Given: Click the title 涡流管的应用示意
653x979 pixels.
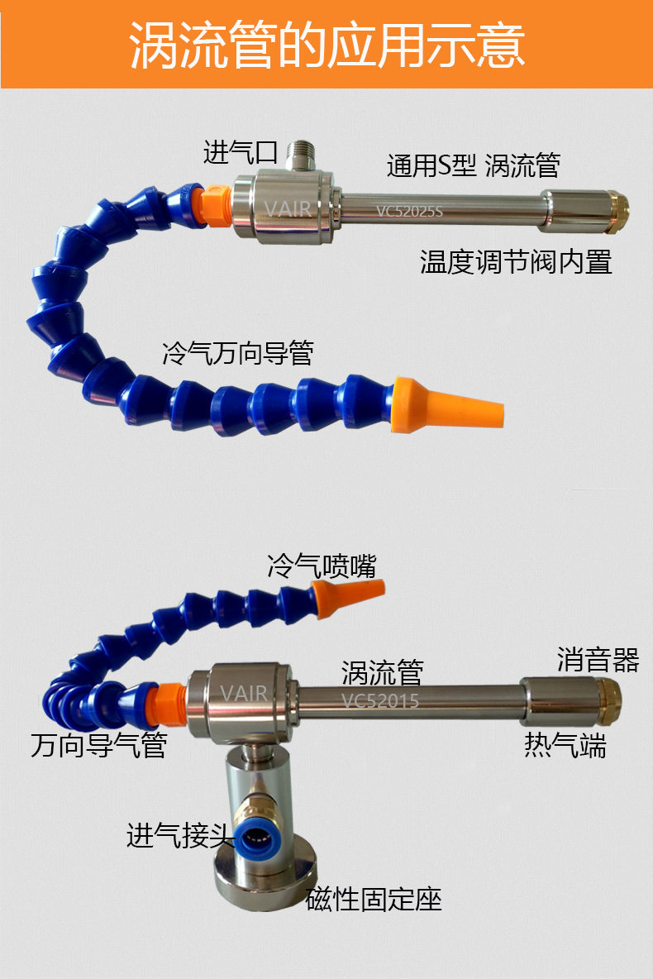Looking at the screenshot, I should pyautogui.click(x=326, y=44).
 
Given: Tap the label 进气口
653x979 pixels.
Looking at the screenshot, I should pyautogui.click(x=240, y=152).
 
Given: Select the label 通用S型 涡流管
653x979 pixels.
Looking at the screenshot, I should pyautogui.click(x=473, y=165).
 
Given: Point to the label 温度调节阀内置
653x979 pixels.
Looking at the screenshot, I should pyautogui.click(x=516, y=262).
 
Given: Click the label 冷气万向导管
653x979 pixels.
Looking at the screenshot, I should pyautogui.click(x=237, y=354).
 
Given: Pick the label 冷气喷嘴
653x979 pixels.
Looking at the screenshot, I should pyautogui.click(x=322, y=566).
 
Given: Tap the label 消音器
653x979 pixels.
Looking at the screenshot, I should pyautogui.click(x=598, y=659).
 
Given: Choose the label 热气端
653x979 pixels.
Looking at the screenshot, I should pyautogui.click(x=565, y=745).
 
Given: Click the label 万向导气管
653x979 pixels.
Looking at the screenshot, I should pyautogui.click(x=99, y=745).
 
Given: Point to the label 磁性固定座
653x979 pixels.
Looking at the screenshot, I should pyautogui.click(x=374, y=899).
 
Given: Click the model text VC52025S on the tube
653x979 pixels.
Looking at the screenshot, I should pyautogui.click(x=410, y=211).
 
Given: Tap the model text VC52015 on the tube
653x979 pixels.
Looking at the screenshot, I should pyautogui.click(x=380, y=701).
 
